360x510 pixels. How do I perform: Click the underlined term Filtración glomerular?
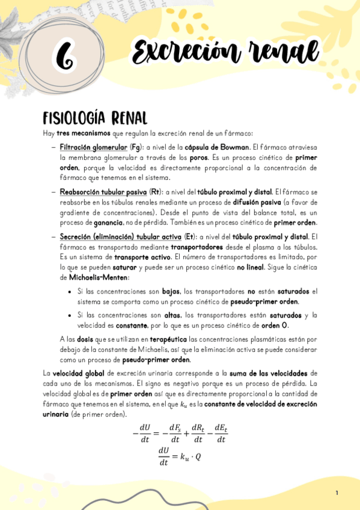[93, 147]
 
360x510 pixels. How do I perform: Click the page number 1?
[337, 493]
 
